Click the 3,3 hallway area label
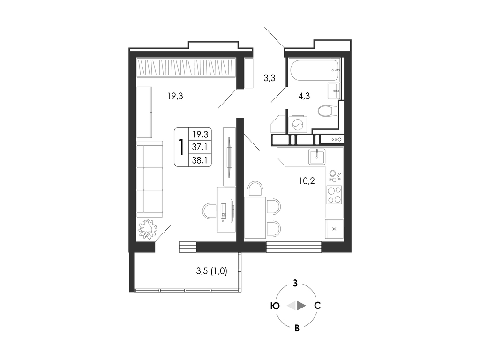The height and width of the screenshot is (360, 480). point(270,78)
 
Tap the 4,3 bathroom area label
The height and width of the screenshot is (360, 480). point(304,96)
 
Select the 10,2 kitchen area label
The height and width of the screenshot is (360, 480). point(307,181)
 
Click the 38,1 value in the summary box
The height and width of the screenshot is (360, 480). point(200,160)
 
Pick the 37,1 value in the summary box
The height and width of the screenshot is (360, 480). point(200,147)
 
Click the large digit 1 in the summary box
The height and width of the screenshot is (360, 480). point(181,147)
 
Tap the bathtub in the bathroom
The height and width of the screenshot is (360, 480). point(315,70)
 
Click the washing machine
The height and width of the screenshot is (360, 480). point(298,124)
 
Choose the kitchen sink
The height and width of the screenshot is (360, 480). point(317,157)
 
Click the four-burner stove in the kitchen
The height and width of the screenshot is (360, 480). point(334,195)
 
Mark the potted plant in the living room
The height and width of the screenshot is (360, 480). point(147,229)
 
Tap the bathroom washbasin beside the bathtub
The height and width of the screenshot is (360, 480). point(334,91)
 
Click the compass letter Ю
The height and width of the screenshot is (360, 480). point(275,306)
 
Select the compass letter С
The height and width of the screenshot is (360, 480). point(317,306)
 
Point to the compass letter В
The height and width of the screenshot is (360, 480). point(297,328)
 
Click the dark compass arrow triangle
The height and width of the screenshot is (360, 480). point(301,306)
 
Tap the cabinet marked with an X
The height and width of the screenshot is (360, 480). point(334,229)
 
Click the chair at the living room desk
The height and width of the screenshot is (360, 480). point(210,210)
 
